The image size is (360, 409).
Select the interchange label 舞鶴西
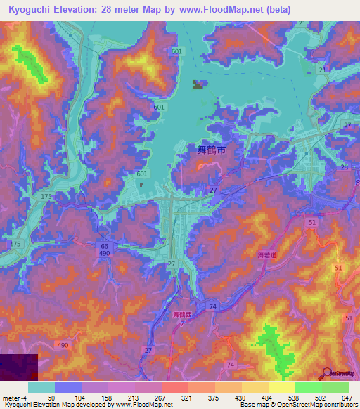click(181, 315)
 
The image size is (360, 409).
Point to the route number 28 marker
click(344, 168)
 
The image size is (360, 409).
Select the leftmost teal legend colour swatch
click(41, 388)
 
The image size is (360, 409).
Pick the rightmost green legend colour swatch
click(335, 388)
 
